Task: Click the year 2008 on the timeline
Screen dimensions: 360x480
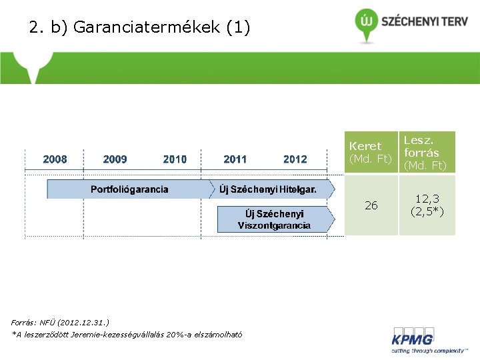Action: [x=55, y=159]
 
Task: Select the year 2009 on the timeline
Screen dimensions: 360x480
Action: [x=115, y=159]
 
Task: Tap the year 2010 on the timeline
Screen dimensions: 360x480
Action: [x=175, y=159]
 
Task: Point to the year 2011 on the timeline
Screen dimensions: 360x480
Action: [x=235, y=159]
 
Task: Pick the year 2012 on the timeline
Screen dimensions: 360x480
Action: [x=295, y=159]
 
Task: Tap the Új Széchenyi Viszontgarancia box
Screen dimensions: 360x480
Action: [x=275, y=219]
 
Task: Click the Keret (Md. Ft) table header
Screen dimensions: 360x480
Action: [x=370, y=152]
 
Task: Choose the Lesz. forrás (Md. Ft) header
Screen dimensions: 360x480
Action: [x=427, y=152]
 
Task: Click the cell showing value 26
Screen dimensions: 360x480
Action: [x=371, y=205]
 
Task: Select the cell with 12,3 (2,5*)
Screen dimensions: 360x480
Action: [x=427, y=205]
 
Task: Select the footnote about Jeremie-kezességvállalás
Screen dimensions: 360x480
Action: [x=127, y=335]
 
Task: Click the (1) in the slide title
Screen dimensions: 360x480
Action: [x=239, y=28]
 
